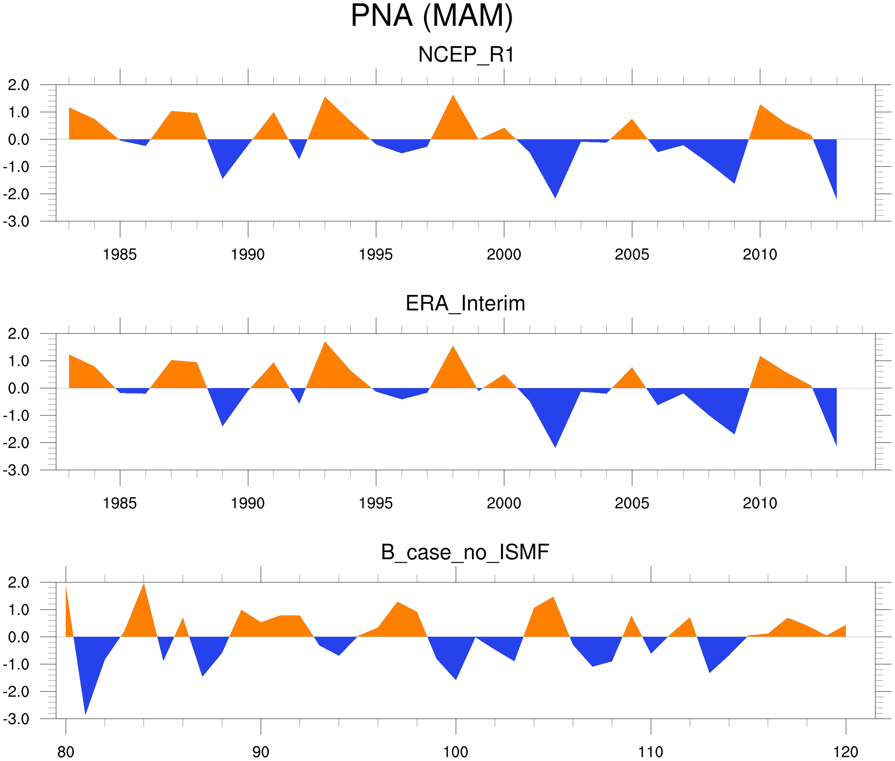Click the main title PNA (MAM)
pos(431,16)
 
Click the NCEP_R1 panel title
pos(466,55)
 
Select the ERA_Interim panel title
pos(465,303)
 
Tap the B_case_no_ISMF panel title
pos(465,552)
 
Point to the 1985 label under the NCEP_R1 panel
pos(119,254)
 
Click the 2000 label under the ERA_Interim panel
pos(503,503)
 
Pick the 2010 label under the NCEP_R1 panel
pos(759,254)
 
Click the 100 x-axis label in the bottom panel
pos(456,752)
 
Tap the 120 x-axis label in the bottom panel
pos(845,752)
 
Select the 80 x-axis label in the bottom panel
pos(66,752)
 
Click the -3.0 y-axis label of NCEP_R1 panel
pos(16,222)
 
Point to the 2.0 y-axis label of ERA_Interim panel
pos(19,334)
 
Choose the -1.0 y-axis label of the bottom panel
pos(16,665)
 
